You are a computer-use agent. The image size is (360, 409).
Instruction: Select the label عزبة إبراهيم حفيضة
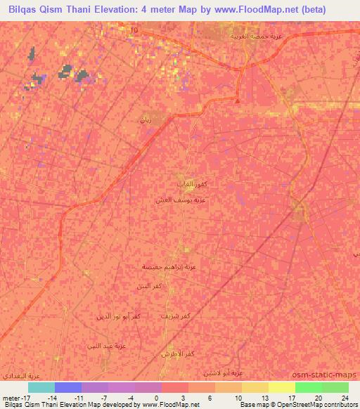tap(165, 266)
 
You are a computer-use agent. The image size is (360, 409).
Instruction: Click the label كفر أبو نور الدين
tap(115, 317)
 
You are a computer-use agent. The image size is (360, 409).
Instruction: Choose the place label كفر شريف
tap(176, 317)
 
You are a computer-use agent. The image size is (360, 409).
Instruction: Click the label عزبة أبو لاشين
tap(222, 372)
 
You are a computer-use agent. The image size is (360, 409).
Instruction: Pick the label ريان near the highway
tap(146, 120)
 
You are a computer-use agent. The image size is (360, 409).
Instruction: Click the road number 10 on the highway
tap(134, 30)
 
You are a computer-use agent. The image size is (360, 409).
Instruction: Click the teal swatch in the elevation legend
tap(41, 387)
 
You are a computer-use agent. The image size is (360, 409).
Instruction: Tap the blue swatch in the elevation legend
tap(67, 387)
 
